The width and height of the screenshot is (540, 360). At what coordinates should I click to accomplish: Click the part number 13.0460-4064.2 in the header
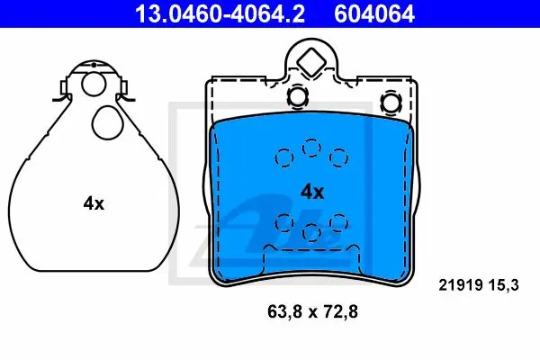pyautogui.click(x=220, y=13)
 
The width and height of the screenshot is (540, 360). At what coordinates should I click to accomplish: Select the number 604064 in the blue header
pyautogui.click(x=374, y=13)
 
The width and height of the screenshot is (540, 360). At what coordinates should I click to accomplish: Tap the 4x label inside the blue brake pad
pyautogui.click(x=312, y=192)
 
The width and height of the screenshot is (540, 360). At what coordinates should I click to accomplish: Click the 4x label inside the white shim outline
pyautogui.click(x=94, y=203)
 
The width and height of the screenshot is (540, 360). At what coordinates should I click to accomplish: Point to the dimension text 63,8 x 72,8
pyautogui.click(x=312, y=311)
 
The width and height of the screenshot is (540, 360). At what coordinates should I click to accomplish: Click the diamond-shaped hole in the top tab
pyautogui.click(x=311, y=62)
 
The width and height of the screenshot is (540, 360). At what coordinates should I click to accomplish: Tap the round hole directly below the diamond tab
pyautogui.click(x=298, y=96)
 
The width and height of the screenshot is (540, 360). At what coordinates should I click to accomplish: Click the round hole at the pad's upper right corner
pyautogui.click(x=391, y=102)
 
